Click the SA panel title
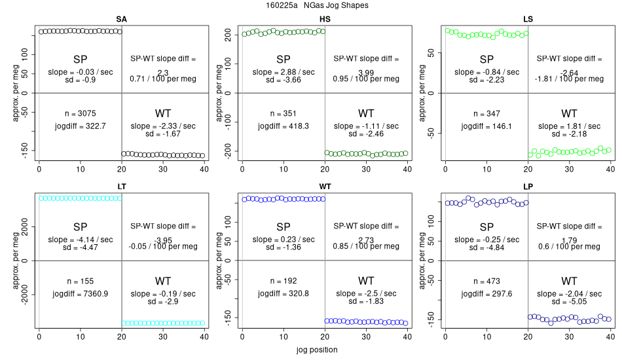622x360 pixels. click(x=121, y=18)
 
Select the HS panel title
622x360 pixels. click(x=324, y=18)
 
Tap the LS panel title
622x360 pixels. click(x=527, y=18)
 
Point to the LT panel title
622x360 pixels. click(x=121, y=186)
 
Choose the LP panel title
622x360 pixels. click(x=527, y=186)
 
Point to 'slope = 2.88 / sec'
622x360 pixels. click(x=284, y=71)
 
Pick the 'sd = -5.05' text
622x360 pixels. click(x=569, y=302)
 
